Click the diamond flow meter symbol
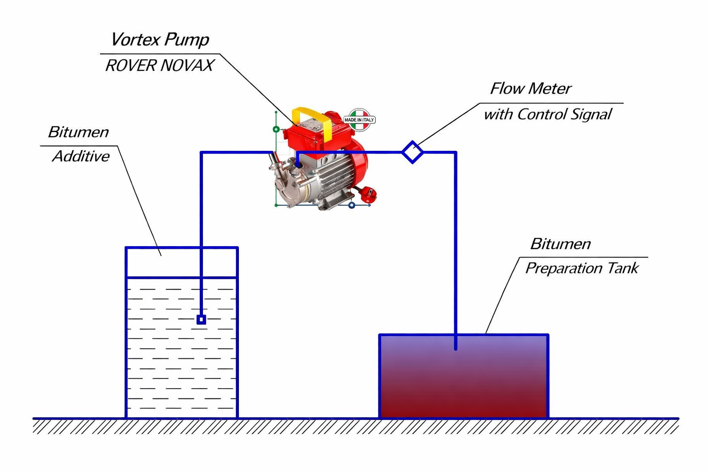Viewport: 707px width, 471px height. pyautogui.click(x=412, y=152)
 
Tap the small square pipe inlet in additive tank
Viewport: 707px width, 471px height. pyautogui.click(x=201, y=319)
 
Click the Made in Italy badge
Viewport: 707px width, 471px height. pyautogui.click(x=359, y=120)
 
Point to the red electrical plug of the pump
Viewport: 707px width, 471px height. pyautogui.click(x=369, y=195)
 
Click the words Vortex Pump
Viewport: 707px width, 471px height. pyautogui.click(x=160, y=40)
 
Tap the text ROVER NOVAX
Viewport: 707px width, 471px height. pyautogui.click(x=159, y=65)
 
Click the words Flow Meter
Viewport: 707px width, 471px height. pyautogui.click(x=530, y=88)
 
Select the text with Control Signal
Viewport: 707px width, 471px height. pyautogui.click(x=547, y=114)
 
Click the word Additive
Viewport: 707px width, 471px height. pyautogui.click(x=81, y=156)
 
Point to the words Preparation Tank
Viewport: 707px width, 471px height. pyautogui.click(x=582, y=268)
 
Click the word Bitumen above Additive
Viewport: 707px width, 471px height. pyautogui.click(x=78, y=132)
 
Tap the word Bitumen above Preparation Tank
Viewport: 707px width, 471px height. pyautogui.click(x=560, y=244)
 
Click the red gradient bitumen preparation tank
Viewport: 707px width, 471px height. pyautogui.click(x=464, y=382)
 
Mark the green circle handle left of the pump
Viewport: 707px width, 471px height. pyautogui.click(x=276, y=129)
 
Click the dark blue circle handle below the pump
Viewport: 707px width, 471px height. pyautogui.click(x=352, y=205)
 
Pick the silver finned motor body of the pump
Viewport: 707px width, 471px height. pyautogui.click(x=334, y=177)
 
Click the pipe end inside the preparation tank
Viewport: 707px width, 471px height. pyautogui.click(x=456, y=348)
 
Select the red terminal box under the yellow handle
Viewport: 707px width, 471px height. pyautogui.click(x=304, y=136)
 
